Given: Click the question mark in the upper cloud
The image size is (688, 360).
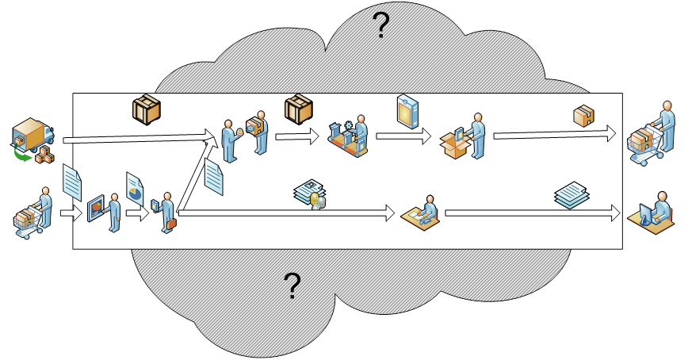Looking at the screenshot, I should (380, 27).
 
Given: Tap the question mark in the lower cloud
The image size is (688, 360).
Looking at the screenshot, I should (292, 285).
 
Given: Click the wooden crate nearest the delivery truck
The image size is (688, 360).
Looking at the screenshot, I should (147, 109).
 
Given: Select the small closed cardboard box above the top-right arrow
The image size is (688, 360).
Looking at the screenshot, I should (583, 116).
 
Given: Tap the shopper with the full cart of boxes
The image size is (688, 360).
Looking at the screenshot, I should (650, 136).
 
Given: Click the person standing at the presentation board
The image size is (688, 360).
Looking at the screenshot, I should (105, 211).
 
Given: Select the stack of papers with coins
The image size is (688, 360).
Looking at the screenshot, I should (310, 194).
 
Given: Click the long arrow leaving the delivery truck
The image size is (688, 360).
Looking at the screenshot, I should (139, 140).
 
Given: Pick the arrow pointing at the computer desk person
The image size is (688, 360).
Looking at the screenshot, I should (531, 213).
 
